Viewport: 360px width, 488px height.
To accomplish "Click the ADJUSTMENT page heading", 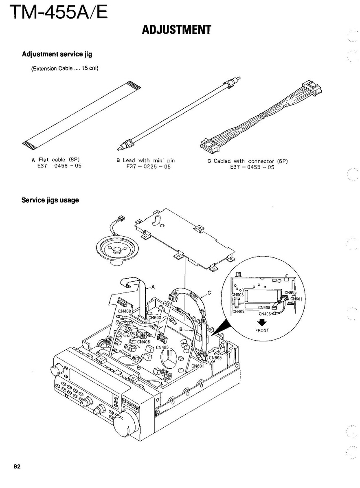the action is [176, 30].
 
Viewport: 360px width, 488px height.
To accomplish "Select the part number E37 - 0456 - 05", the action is [59, 166].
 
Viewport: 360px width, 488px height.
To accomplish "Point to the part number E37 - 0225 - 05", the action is [148, 167].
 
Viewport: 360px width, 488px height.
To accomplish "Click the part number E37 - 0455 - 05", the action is [252, 167].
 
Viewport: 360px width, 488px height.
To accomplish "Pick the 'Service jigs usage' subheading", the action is [50, 200].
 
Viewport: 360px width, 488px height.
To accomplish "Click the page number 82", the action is [17, 466].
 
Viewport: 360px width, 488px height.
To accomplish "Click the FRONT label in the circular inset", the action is [262, 330].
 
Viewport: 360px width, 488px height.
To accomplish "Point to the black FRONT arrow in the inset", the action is [263, 323].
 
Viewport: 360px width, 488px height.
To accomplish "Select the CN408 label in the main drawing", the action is [125, 311].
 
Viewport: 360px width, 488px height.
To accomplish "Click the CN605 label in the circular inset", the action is [291, 292].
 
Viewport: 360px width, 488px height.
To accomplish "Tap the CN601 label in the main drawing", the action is [198, 366].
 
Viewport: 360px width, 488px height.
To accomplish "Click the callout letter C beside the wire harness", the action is [209, 293].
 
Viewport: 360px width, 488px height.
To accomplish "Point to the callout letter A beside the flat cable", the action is [153, 287].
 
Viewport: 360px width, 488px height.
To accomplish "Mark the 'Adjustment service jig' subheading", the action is [57, 54].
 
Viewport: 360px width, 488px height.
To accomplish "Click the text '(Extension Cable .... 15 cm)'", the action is [65, 68].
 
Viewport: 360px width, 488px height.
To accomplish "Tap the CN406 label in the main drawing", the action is [143, 342].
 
